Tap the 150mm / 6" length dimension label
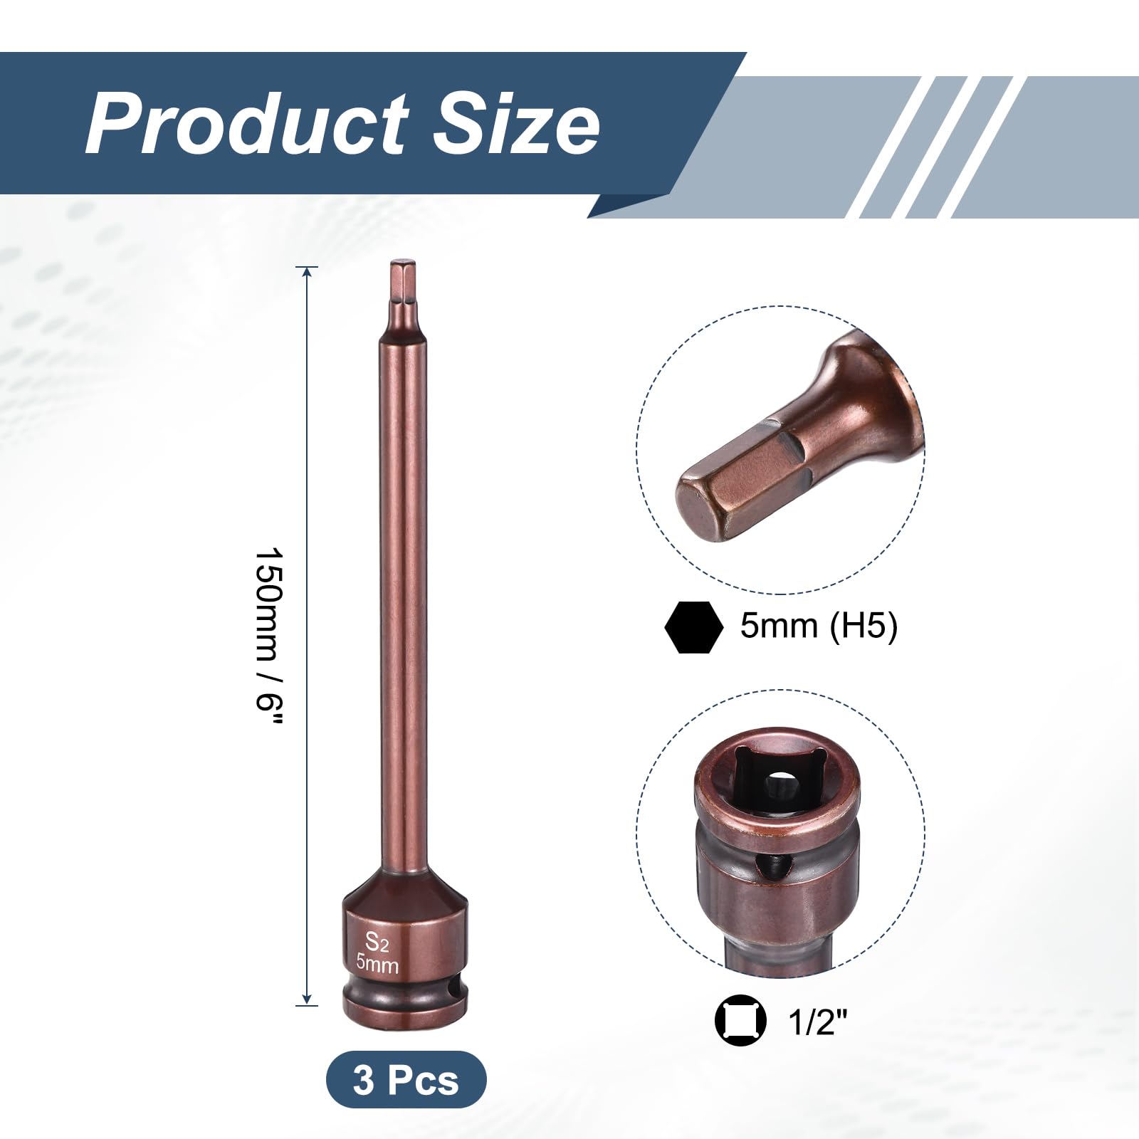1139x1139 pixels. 270,636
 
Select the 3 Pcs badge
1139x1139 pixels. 406,1079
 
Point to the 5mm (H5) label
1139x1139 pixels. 819,626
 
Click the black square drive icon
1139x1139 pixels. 740,1020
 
